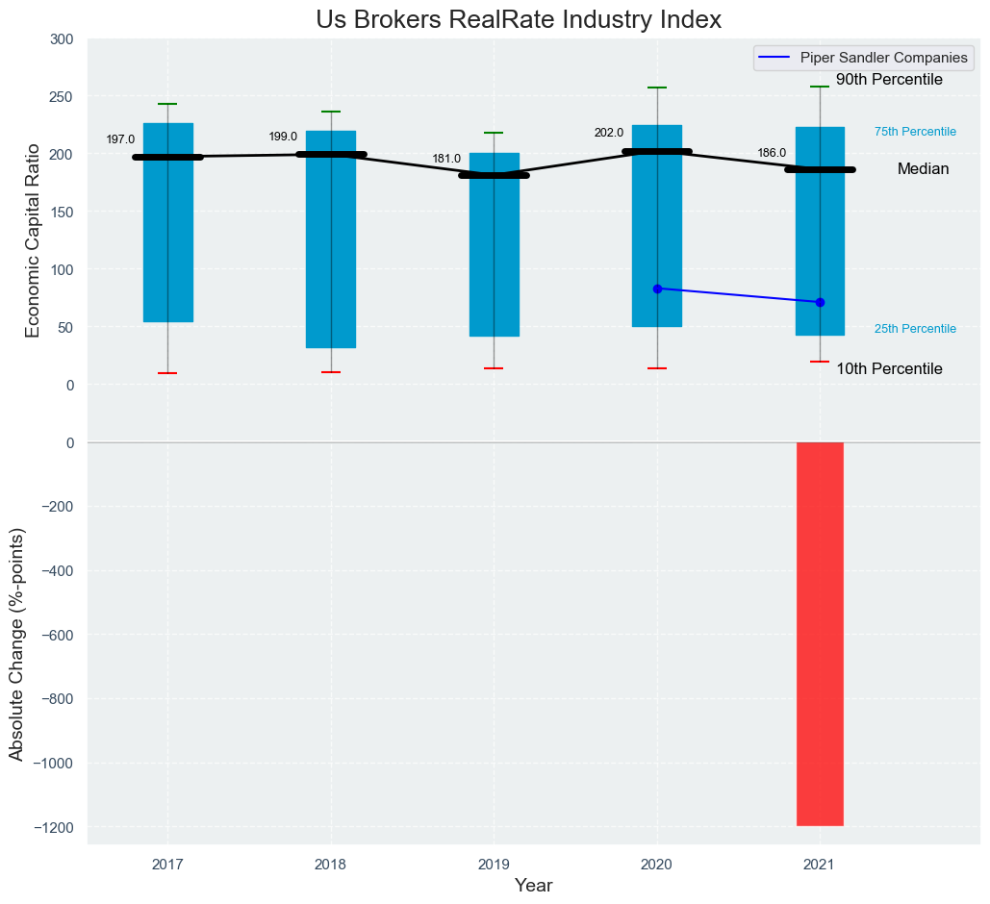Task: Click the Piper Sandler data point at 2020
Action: click(x=657, y=289)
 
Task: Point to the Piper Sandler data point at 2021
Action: click(x=820, y=302)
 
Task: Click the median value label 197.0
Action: click(x=120, y=139)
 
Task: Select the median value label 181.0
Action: click(x=446, y=159)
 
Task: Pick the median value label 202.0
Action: click(x=609, y=133)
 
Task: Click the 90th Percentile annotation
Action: click(x=889, y=80)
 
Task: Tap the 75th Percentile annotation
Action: click(x=915, y=132)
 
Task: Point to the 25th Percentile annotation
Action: click(x=915, y=329)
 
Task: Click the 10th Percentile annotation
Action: click(x=889, y=369)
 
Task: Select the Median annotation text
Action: click(x=923, y=169)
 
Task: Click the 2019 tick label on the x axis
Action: click(x=494, y=866)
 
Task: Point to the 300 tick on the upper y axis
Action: click(x=63, y=39)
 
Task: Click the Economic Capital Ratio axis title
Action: click(x=33, y=240)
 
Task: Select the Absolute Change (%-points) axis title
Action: click(x=16, y=644)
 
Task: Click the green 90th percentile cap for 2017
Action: click(x=167, y=104)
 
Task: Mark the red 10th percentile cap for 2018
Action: click(x=331, y=372)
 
